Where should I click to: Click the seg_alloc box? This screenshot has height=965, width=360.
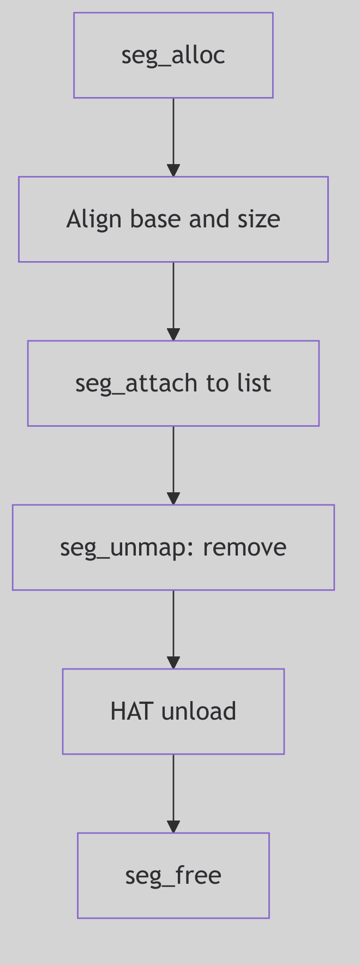(173, 55)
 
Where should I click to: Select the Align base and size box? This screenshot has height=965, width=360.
(173, 219)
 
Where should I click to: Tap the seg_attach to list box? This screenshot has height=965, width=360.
(173, 383)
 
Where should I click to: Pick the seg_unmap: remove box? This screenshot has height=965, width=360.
(173, 547)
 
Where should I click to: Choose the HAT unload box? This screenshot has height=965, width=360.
(173, 711)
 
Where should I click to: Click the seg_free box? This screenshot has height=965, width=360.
(173, 876)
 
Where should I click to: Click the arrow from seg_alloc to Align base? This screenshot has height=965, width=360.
(173, 136)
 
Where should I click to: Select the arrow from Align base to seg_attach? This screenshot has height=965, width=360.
(173, 300)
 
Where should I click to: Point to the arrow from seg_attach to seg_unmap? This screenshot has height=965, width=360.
(173, 465)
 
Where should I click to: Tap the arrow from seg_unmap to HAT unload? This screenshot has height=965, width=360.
(173, 629)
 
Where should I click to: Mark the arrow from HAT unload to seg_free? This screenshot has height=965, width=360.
(173, 793)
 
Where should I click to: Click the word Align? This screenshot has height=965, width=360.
(86, 219)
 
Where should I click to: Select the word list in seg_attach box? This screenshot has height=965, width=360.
(254, 383)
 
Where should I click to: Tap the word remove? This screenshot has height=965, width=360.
(244, 547)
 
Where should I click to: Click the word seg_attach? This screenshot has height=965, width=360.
(136, 383)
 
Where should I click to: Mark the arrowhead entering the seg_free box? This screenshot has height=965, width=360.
(173, 827)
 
